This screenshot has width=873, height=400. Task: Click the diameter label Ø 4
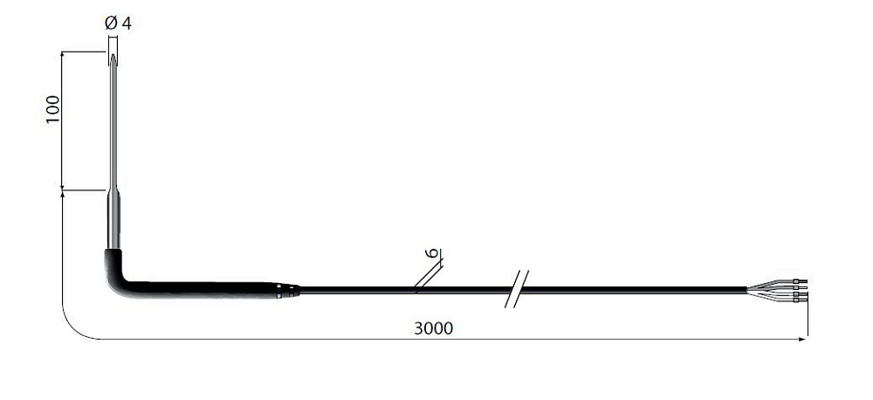tap(118, 24)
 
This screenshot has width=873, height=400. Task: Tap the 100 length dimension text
tap(53, 109)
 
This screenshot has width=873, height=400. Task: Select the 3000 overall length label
tap(433, 328)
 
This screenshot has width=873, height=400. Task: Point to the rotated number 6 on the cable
tap(431, 253)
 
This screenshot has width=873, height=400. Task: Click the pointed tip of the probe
tap(113, 55)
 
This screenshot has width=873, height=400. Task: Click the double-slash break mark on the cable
tap(517, 289)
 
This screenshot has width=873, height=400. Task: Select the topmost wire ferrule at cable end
tap(802, 281)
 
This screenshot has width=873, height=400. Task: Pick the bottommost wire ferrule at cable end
tap(802, 300)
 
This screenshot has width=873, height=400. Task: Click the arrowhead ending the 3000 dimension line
tap(802, 339)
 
